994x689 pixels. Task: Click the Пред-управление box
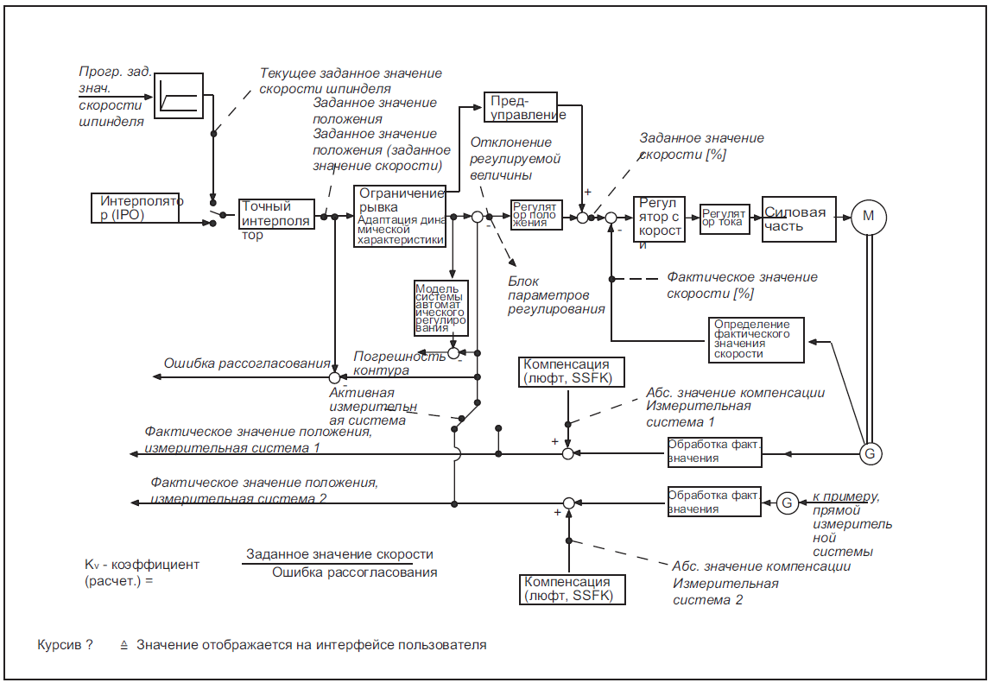tap(525, 107)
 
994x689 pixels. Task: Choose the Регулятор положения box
tap(535, 215)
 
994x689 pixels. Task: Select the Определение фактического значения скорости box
tap(756, 339)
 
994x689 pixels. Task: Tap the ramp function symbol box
tap(180, 94)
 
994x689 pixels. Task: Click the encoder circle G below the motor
tap(870, 452)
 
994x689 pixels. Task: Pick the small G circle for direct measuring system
tap(786, 502)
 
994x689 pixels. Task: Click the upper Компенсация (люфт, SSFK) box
tap(567, 371)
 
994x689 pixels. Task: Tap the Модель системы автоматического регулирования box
tap(441, 307)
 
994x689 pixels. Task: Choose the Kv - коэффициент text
tap(142, 565)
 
